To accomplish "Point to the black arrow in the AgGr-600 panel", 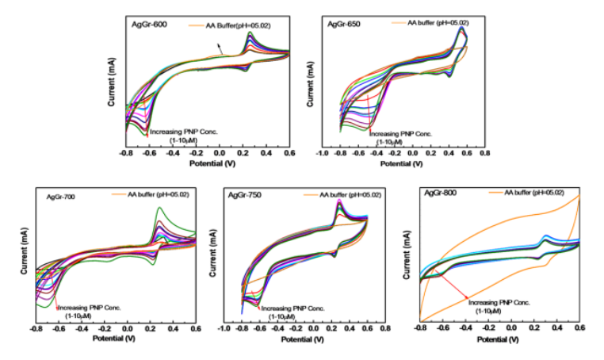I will click(x=220, y=51).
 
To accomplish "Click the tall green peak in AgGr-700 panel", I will click(x=160, y=209).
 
